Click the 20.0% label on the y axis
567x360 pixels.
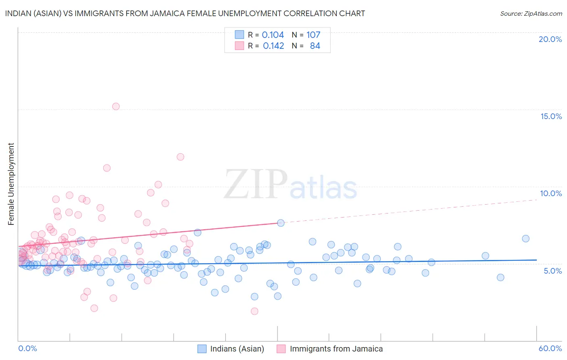click(550, 39)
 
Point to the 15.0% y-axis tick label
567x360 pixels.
click(551, 116)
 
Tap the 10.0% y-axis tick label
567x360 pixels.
click(551, 193)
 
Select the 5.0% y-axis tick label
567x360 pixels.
click(552, 271)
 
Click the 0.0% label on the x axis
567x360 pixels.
click(27, 348)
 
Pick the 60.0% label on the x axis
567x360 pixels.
click(550, 348)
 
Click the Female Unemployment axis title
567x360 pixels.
click(11, 184)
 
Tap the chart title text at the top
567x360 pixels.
click(185, 13)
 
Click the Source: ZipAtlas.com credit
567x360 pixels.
click(531, 14)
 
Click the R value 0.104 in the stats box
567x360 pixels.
click(273, 35)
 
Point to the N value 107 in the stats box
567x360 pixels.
click(313, 35)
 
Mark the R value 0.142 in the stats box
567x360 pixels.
click(273, 46)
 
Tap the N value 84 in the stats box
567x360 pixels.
click(315, 46)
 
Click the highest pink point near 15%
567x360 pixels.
click(116, 107)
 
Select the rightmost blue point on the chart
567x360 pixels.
click(525, 239)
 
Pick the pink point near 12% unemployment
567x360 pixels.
click(180, 157)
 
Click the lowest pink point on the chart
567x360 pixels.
click(254, 311)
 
